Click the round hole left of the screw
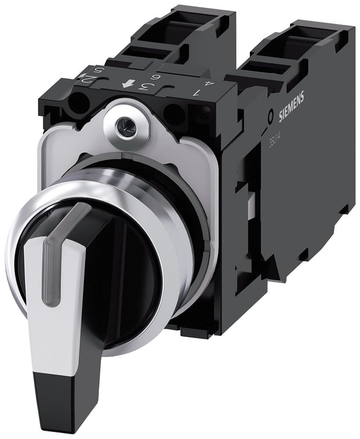(79, 104)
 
